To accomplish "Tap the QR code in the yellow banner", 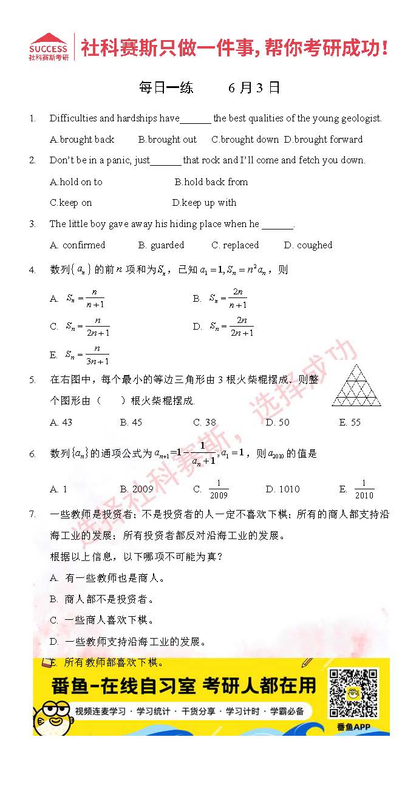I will point(353,693).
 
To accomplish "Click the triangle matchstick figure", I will point(357,386).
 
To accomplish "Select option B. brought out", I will point(168,140).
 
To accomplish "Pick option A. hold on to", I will point(77,182).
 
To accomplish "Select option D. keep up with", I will point(204,203).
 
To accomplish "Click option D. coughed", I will point(308,245).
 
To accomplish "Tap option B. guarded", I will point(161,245).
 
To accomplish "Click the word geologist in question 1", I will point(360,118).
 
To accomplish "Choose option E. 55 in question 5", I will point(350,423).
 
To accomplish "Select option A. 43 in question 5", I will point(61,423).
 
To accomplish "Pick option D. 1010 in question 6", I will point(282,489).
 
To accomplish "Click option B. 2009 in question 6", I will point(137,489).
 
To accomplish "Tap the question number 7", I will point(32,514).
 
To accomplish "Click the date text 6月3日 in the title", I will point(254,87).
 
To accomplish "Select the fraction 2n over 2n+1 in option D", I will point(242,327).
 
